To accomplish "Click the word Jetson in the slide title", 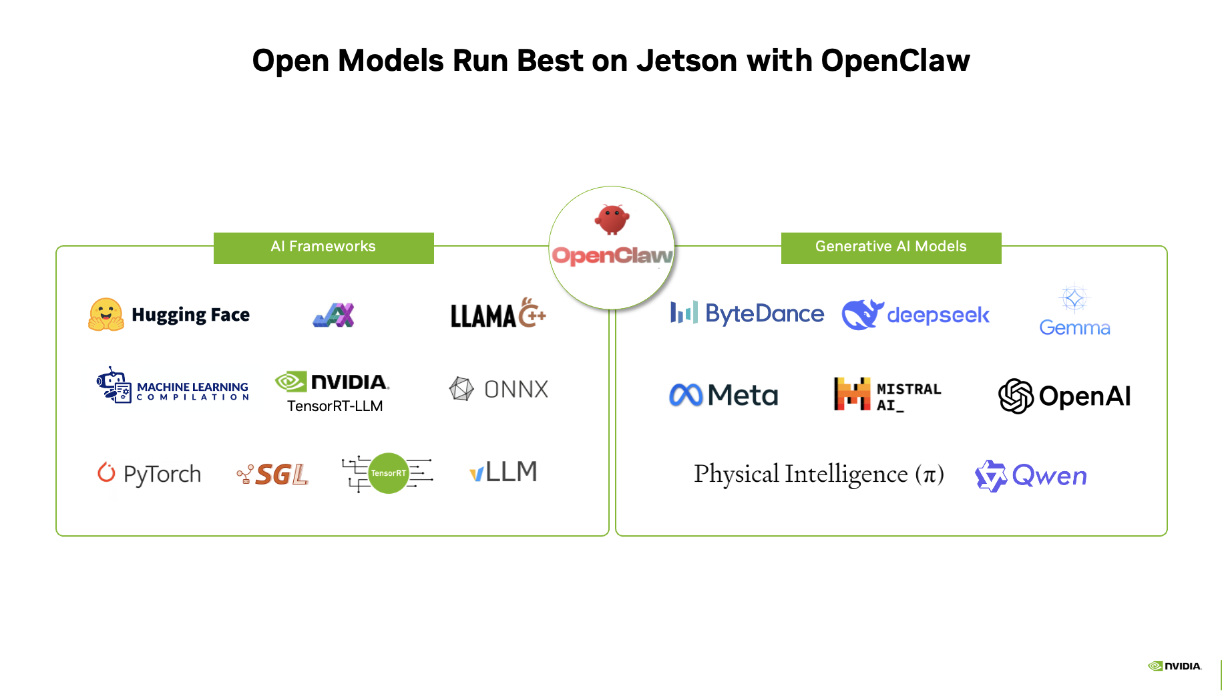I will click(686, 61).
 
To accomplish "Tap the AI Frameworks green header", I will click(323, 247).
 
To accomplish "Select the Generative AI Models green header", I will click(891, 247).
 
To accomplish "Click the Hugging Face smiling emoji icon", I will click(106, 315).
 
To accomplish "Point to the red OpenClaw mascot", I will click(612, 219).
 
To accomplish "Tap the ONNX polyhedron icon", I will click(461, 389).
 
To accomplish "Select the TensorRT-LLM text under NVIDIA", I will click(335, 406).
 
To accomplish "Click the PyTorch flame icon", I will click(106, 472).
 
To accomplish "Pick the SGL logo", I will click(273, 474).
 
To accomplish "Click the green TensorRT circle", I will click(389, 473).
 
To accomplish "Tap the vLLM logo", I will click(503, 472).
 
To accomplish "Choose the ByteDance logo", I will click(747, 313).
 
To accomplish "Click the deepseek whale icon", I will click(862, 315).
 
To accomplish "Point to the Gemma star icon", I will click(1074, 298).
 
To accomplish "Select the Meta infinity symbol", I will click(686, 395).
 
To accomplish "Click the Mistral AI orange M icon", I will click(852, 394).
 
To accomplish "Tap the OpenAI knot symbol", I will click(1016, 396).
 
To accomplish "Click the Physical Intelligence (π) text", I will click(819, 474).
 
